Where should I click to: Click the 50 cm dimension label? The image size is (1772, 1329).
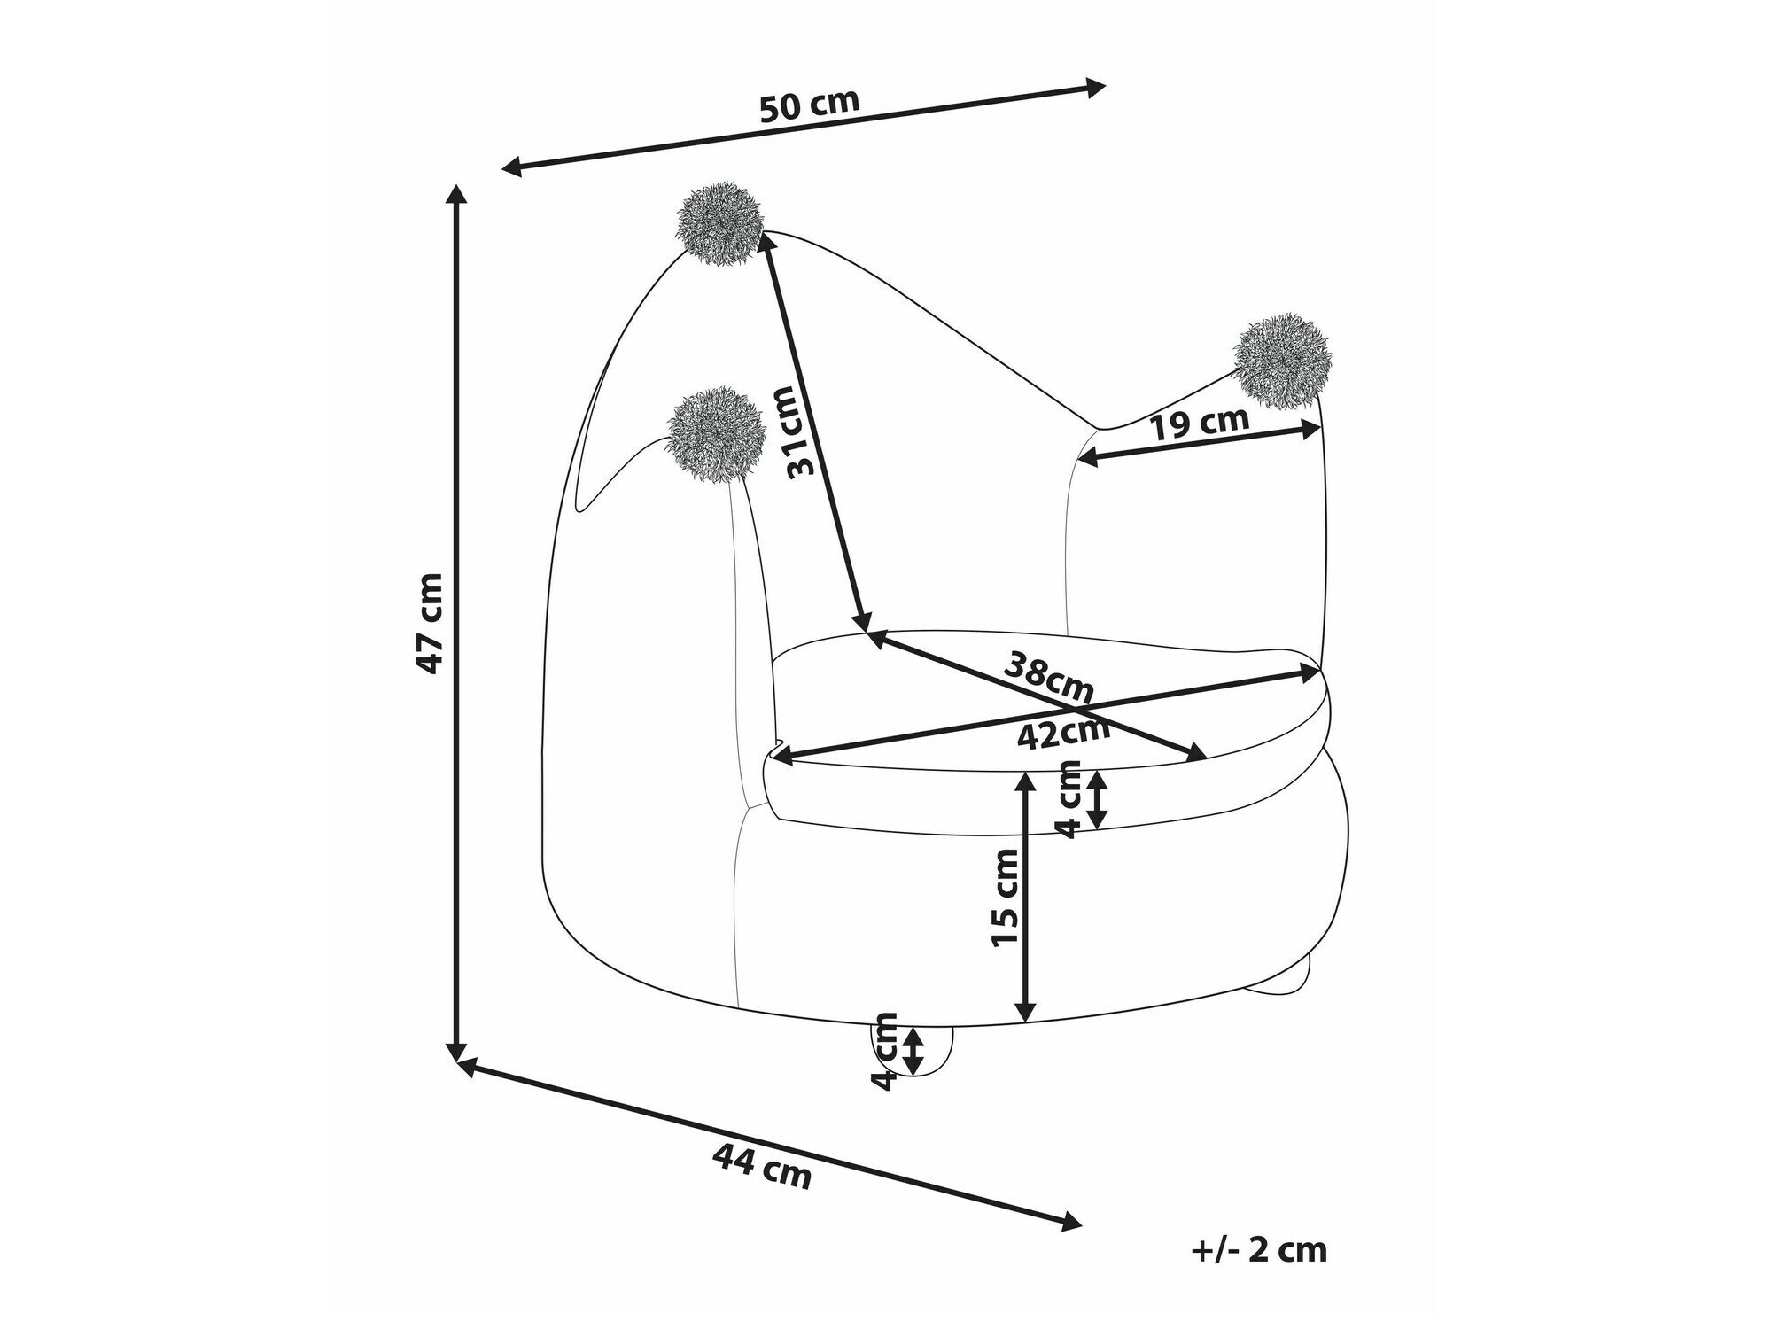(x=810, y=105)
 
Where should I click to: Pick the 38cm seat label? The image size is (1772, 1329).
(x=1048, y=675)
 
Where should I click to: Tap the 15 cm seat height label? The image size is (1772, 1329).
(x=1007, y=897)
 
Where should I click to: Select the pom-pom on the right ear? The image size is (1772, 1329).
(x=1281, y=361)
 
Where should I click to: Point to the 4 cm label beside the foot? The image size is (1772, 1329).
(x=885, y=1052)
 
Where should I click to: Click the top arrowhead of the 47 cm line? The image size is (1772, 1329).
(x=456, y=196)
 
